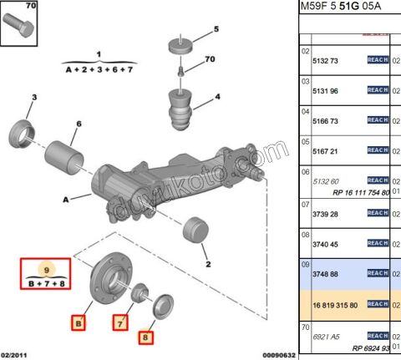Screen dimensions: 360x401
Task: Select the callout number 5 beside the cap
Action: (x=215, y=29)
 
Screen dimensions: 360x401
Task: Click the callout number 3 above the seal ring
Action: (x=34, y=99)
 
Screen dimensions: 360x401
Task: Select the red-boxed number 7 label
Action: (x=120, y=322)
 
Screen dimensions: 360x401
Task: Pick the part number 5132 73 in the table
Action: (x=326, y=61)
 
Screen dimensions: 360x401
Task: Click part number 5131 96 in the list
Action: (x=326, y=90)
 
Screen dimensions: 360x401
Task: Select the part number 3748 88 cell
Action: (x=326, y=273)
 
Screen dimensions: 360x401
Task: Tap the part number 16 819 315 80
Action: (x=332, y=304)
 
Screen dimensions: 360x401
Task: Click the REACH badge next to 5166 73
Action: (x=378, y=120)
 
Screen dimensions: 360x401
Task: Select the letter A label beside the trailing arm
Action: (x=65, y=200)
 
